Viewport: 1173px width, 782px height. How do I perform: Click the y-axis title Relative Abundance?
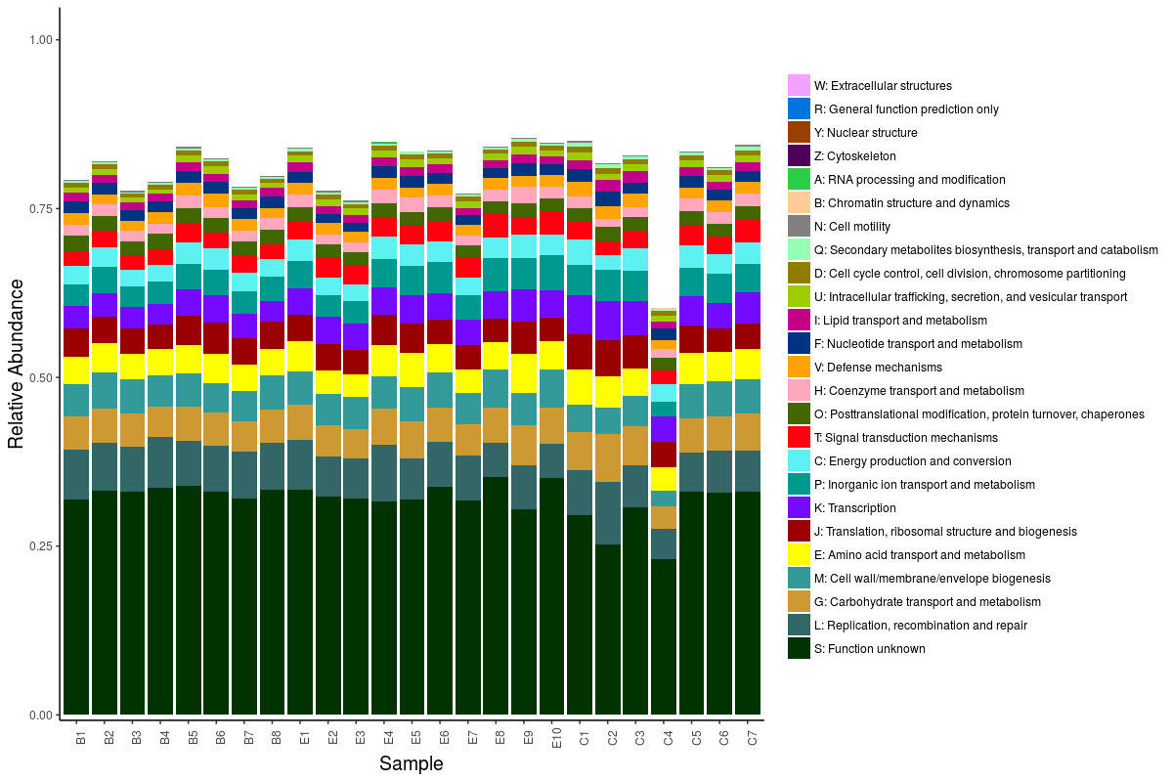[x=16, y=364]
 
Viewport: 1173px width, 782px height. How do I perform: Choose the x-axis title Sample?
[x=411, y=764]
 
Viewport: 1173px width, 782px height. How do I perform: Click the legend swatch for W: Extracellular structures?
[x=799, y=86]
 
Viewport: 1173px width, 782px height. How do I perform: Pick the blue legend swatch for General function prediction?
[x=799, y=109]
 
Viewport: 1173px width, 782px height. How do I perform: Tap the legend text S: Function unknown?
[x=869, y=649]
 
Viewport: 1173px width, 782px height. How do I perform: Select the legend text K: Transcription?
[x=854, y=508]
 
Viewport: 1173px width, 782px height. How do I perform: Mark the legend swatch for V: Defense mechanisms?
[x=799, y=368]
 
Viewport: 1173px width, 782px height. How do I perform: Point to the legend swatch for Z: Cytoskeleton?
[x=799, y=156]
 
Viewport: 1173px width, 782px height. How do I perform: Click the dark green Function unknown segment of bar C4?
[x=665, y=635]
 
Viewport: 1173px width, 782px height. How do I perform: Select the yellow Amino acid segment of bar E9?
[x=525, y=372]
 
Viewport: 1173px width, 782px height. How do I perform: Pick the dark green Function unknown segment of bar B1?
[x=76, y=606]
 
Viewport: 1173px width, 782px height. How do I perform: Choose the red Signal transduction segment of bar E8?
[x=497, y=226]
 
